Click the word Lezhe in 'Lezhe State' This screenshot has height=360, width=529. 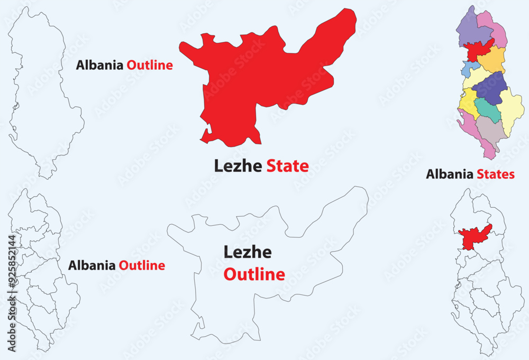click(238, 166)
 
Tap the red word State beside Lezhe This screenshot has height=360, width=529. click(287, 166)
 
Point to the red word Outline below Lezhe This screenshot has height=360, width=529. click(254, 274)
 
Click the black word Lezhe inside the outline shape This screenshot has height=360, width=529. click(248, 252)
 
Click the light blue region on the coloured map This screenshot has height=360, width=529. click(468, 68)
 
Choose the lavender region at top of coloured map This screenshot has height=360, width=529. click(471, 29)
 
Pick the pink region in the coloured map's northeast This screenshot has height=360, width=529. click(496, 29)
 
